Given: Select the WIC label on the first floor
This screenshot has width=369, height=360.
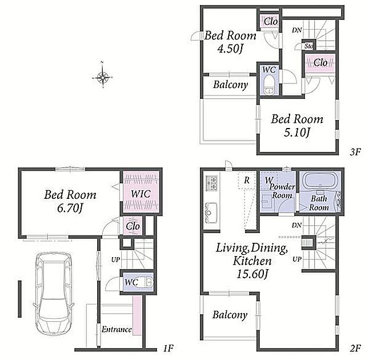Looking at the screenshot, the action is tap(141, 194).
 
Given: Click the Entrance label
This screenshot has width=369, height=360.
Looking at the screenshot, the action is tap(117, 329).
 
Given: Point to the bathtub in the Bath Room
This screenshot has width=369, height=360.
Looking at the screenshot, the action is tap(319, 181).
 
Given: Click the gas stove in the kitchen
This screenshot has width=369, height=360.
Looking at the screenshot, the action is tap(211, 183).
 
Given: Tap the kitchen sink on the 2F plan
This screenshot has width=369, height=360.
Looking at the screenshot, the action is tap(211, 212).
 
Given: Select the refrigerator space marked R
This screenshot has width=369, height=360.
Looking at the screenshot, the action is tap(247, 181).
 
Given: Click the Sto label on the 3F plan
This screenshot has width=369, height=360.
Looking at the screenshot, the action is tap(308, 46).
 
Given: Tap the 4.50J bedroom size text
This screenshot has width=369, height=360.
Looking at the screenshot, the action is tap(230, 49).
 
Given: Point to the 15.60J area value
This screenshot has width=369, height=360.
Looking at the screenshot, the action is tap(252, 274).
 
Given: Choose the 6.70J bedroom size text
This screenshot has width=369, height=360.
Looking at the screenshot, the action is tap(70, 207).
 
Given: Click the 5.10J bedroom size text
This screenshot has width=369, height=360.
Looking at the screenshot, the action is tap(297, 132).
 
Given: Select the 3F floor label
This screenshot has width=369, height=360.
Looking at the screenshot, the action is tap(355, 152).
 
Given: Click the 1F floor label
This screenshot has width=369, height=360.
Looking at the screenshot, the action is tap(168, 347).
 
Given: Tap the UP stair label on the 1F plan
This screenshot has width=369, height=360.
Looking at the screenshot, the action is tap(115, 259).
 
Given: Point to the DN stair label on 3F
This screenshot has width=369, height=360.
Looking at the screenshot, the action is tap(297, 30).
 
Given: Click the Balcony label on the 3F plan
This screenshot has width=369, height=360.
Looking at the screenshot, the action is tap(230, 85).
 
